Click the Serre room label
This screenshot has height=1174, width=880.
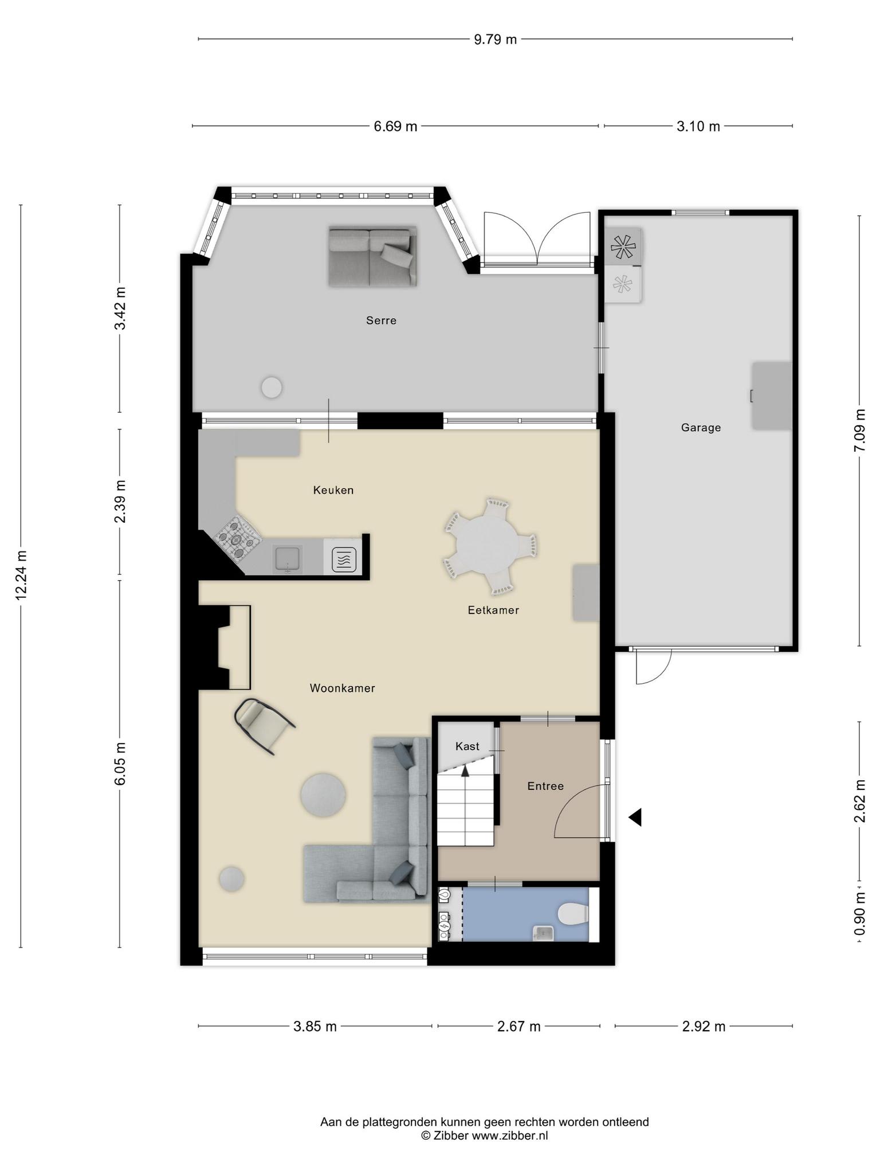click(x=381, y=320)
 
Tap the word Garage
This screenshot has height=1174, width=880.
click(x=701, y=428)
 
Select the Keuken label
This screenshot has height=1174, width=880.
click(x=333, y=490)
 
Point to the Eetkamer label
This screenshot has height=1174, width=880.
click(x=493, y=610)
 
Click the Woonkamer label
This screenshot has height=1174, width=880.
click(x=342, y=688)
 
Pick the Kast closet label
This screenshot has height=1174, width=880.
click(x=467, y=746)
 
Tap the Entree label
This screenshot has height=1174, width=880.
click(x=545, y=786)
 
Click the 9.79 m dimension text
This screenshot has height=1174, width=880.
click(x=495, y=39)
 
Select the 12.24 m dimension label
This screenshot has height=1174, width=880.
click(x=21, y=575)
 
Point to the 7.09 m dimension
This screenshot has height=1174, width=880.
click(x=859, y=431)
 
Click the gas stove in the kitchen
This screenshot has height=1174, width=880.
click(x=238, y=538)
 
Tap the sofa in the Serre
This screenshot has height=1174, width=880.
click(x=372, y=256)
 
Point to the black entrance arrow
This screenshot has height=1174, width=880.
click(x=635, y=817)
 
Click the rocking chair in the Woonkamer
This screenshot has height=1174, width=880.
click(x=265, y=726)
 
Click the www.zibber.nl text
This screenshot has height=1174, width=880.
click(x=510, y=1135)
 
